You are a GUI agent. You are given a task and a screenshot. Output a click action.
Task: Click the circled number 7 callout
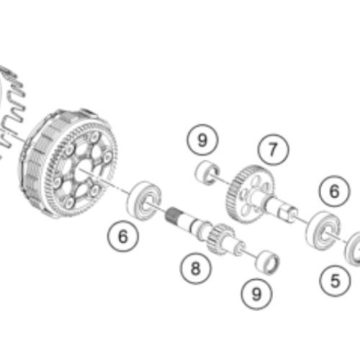pos(271,150)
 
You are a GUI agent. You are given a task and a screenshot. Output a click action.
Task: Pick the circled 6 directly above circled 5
pos(333,192)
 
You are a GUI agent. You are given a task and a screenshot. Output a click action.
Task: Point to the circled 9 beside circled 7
pos(202,140)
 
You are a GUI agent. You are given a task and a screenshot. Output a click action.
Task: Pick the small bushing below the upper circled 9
pos(208,173)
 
